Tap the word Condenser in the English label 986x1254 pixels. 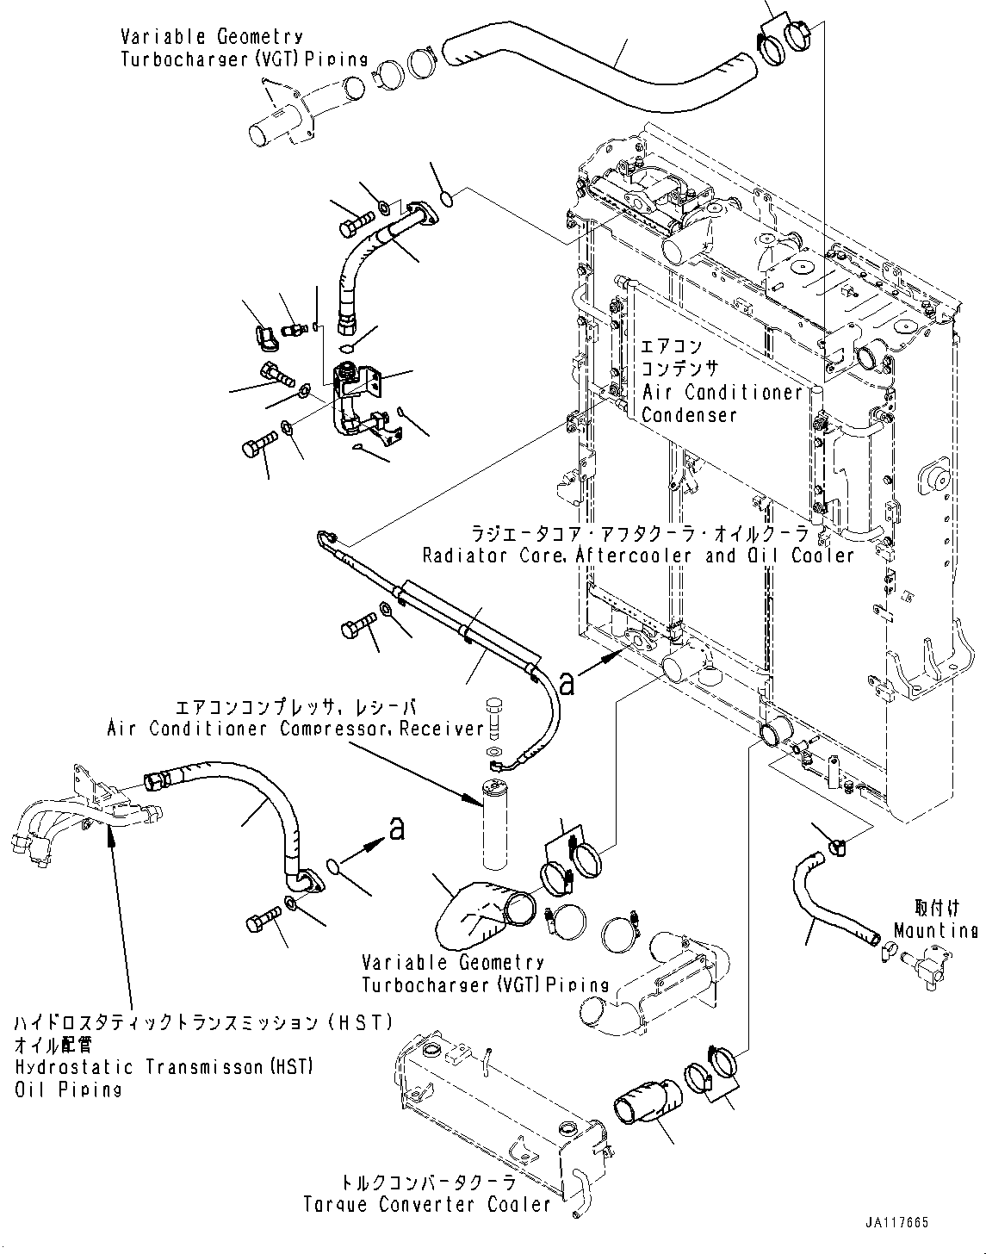(x=690, y=415)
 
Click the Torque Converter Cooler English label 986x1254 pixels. (x=426, y=1204)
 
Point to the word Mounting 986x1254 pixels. (x=935, y=931)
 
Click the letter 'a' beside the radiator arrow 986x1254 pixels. (x=566, y=682)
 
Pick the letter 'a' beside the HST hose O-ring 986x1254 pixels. (x=396, y=829)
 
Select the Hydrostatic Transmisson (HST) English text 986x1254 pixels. (x=163, y=1068)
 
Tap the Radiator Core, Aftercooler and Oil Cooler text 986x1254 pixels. (x=637, y=556)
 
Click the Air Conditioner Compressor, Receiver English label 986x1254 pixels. (x=295, y=729)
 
